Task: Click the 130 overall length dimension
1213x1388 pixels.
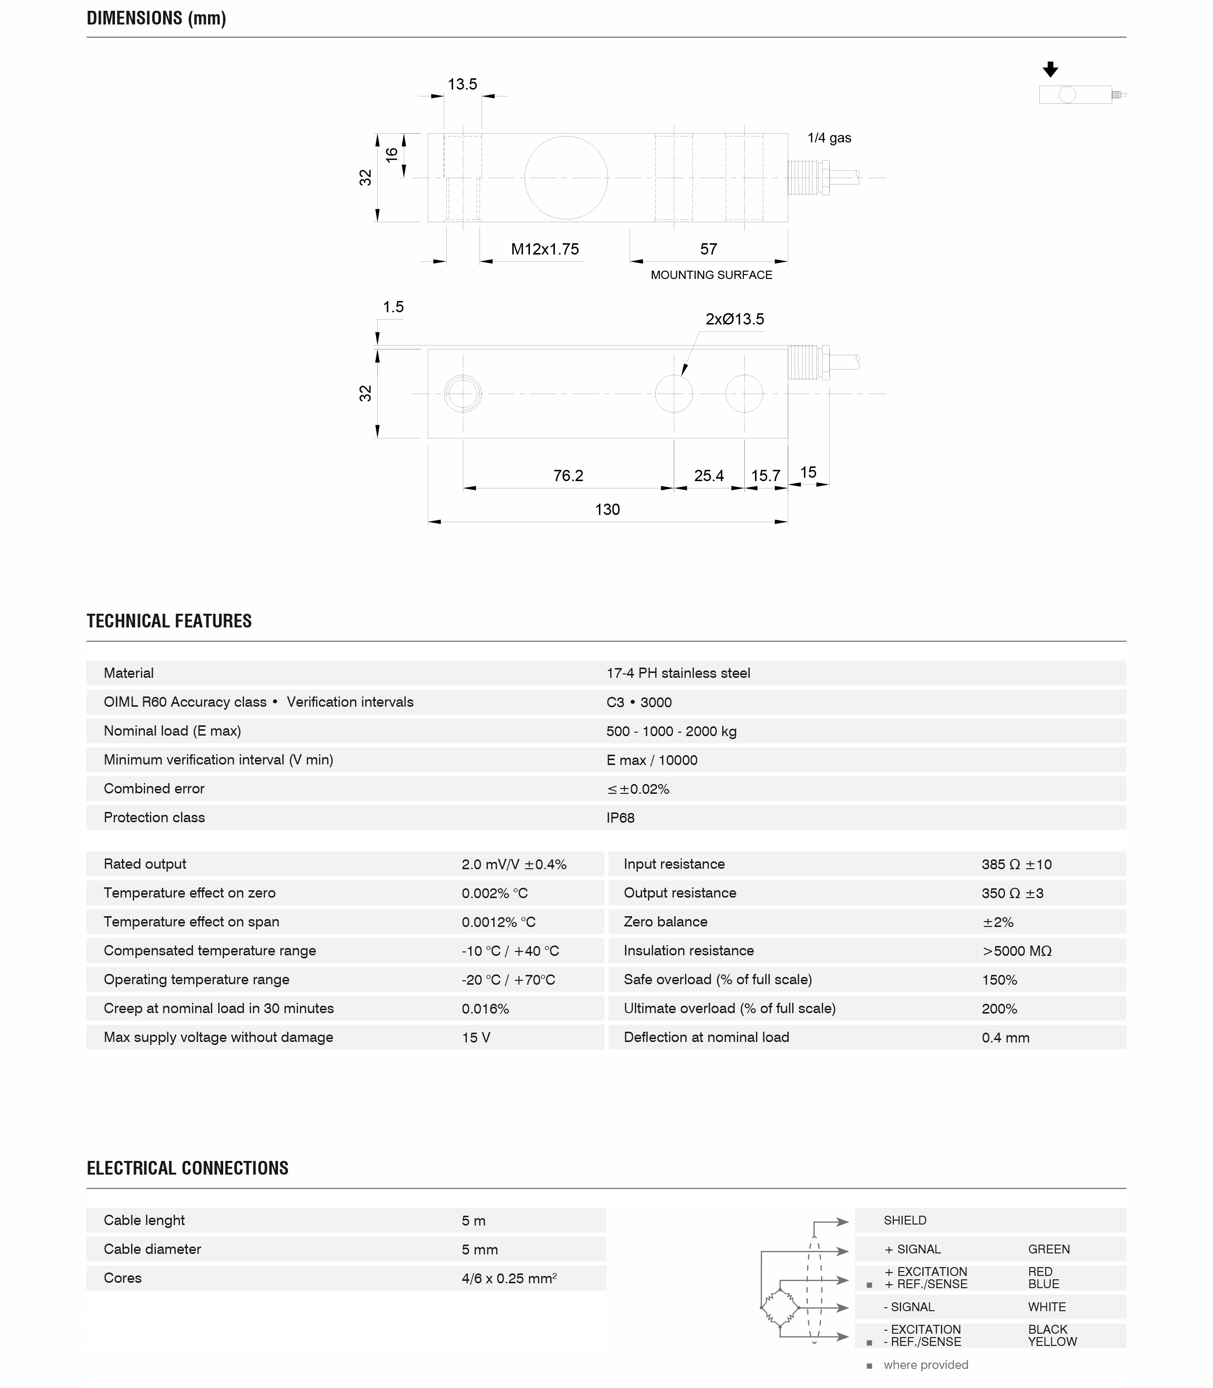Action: click(x=607, y=509)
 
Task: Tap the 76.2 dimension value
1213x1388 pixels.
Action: click(x=568, y=475)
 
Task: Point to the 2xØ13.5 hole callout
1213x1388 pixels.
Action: click(x=734, y=319)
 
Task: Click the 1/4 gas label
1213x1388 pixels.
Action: click(x=829, y=138)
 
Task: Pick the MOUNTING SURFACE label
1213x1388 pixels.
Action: click(x=711, y=275)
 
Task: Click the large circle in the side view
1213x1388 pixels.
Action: click(x=566, y=177)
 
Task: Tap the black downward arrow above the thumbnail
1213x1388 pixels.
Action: click(x=1050, y=69)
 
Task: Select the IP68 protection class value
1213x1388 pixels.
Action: click(x=620, y=817)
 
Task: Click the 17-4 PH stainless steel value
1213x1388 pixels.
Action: click(x=678, y=673)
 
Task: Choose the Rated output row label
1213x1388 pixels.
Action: click(x=145, y=864)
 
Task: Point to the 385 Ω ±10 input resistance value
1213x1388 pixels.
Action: click(x=1016, y=864)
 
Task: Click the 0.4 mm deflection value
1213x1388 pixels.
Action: click(x=1005, y=1037)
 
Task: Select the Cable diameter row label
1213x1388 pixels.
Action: click(x=152, y=1249)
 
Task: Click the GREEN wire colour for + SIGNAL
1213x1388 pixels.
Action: click(x=1049, y=1249)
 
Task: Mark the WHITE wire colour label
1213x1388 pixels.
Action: click(x=1047, y=1307)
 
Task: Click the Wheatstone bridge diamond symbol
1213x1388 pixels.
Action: click(x=780, y=1307)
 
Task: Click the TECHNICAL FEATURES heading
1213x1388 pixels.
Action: click(x=169, y=621)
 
